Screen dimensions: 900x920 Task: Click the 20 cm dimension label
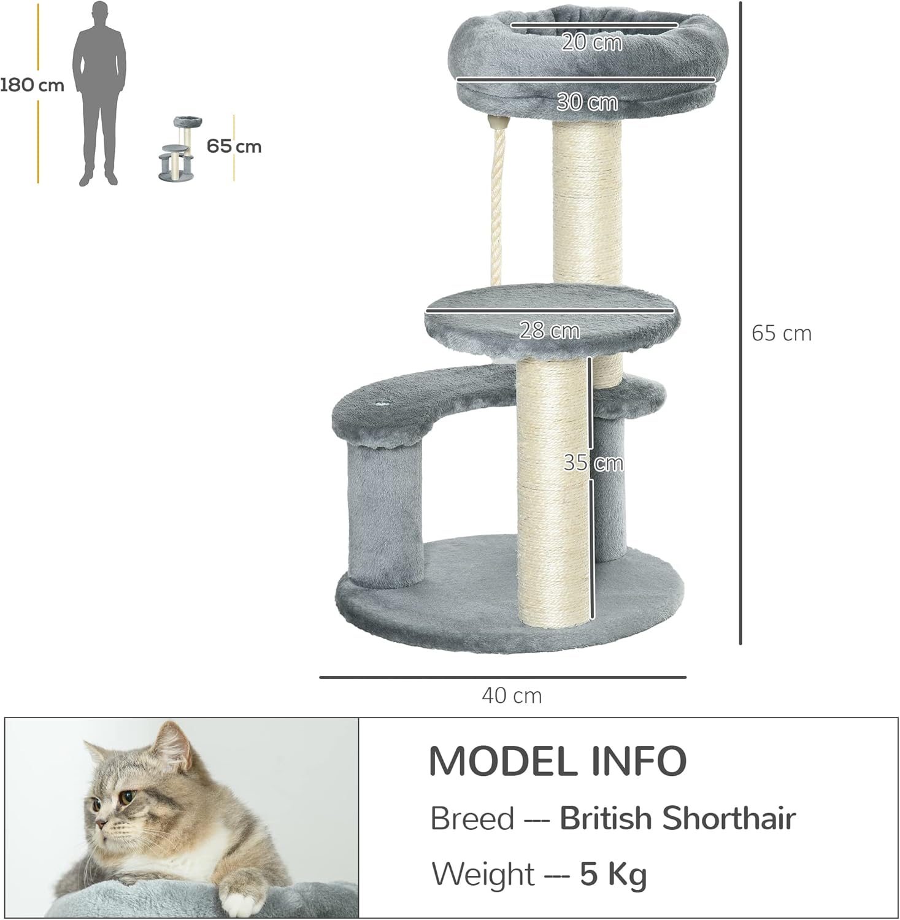592,42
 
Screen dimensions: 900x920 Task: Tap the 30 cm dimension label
587,101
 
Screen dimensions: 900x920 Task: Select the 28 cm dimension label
550,331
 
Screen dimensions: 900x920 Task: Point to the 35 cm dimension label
593,462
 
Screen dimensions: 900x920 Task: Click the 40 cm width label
512,696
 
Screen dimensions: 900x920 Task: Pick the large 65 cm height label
782,333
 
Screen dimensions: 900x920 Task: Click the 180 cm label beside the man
32,85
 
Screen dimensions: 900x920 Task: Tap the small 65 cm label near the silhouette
234,147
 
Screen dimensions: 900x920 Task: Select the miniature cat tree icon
176,148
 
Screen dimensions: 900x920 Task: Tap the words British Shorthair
677,818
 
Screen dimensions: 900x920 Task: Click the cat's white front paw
238,895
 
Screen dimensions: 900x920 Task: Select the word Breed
472,819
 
